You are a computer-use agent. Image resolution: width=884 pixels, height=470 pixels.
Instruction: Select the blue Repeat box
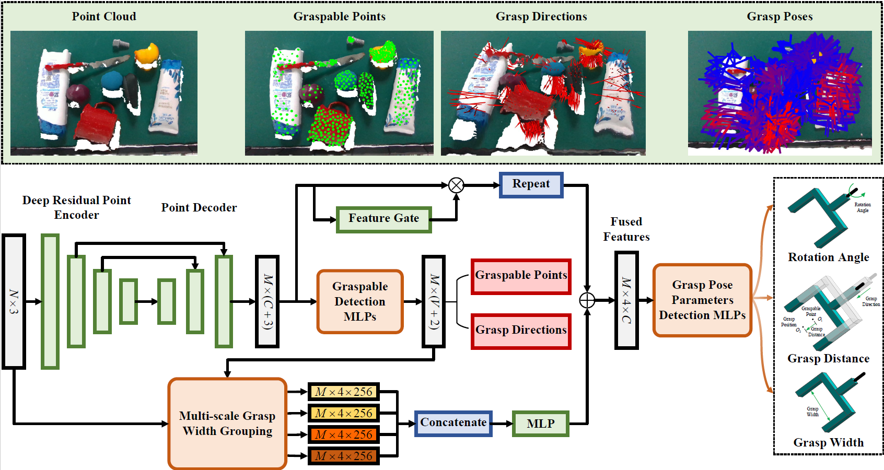(531, 185)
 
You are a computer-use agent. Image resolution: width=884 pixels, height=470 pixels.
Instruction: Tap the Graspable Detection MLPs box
(360, 301)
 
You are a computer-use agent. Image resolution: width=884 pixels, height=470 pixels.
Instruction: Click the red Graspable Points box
(520, 276)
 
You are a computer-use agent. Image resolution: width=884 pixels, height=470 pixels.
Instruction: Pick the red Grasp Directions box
(520, 331)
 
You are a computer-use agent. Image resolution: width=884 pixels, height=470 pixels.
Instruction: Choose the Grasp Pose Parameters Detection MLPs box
(702, 300)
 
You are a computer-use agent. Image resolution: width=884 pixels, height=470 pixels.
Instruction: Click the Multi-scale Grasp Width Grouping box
(227, 424)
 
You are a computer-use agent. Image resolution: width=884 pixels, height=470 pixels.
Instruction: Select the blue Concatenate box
(453, 424)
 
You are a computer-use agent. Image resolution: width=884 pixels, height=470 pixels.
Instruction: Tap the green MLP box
(540, 424)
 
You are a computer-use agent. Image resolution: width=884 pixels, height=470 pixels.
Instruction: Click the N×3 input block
(14, 301)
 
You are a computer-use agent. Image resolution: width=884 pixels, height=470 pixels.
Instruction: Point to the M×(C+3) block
(267, 301)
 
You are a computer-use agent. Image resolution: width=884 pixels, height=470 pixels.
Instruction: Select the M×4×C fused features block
(626, 300)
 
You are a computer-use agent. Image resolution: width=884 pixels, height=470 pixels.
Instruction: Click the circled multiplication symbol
(456, 185)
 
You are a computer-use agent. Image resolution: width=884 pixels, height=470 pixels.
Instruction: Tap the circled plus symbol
(587, 300)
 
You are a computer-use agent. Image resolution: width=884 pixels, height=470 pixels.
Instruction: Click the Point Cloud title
(104, 17)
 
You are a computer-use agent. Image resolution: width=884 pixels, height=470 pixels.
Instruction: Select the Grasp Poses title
(780, 17)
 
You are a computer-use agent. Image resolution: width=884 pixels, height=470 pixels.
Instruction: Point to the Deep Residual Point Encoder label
(76, 208)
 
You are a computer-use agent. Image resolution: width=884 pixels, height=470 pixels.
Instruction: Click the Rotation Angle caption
(828, 257)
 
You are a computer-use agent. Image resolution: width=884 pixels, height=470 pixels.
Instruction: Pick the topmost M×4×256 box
(343, 392)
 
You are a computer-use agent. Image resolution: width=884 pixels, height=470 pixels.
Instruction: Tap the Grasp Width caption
(828, 443)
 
